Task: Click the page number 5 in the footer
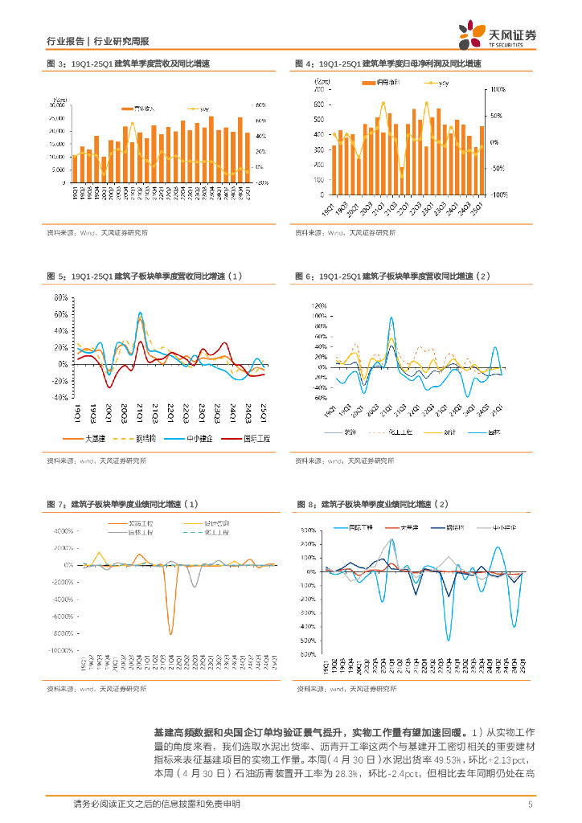530,805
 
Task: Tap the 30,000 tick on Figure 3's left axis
57,104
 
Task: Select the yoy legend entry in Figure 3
202,108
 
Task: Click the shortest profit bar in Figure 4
477,170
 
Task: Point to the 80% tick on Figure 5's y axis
60,297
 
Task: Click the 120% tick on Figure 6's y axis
318,306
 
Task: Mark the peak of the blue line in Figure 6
391,317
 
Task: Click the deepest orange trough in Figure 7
170,633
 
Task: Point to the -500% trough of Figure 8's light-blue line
449,640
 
